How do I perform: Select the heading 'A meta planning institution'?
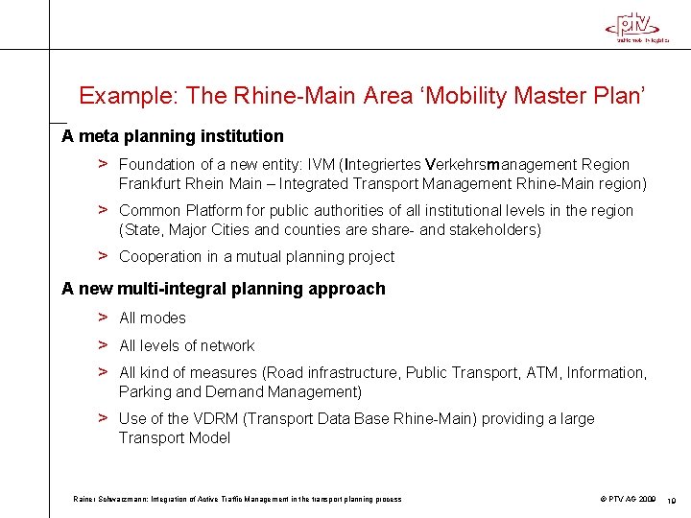pos(173,136)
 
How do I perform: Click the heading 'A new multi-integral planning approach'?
pos(224,289)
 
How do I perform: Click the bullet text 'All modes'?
pos(153,318)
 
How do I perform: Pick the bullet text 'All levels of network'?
pos(187,346)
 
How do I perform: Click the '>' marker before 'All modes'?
pos(102,318)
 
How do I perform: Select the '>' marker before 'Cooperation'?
pos(102,256)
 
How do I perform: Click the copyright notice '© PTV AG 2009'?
pos(629,499)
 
